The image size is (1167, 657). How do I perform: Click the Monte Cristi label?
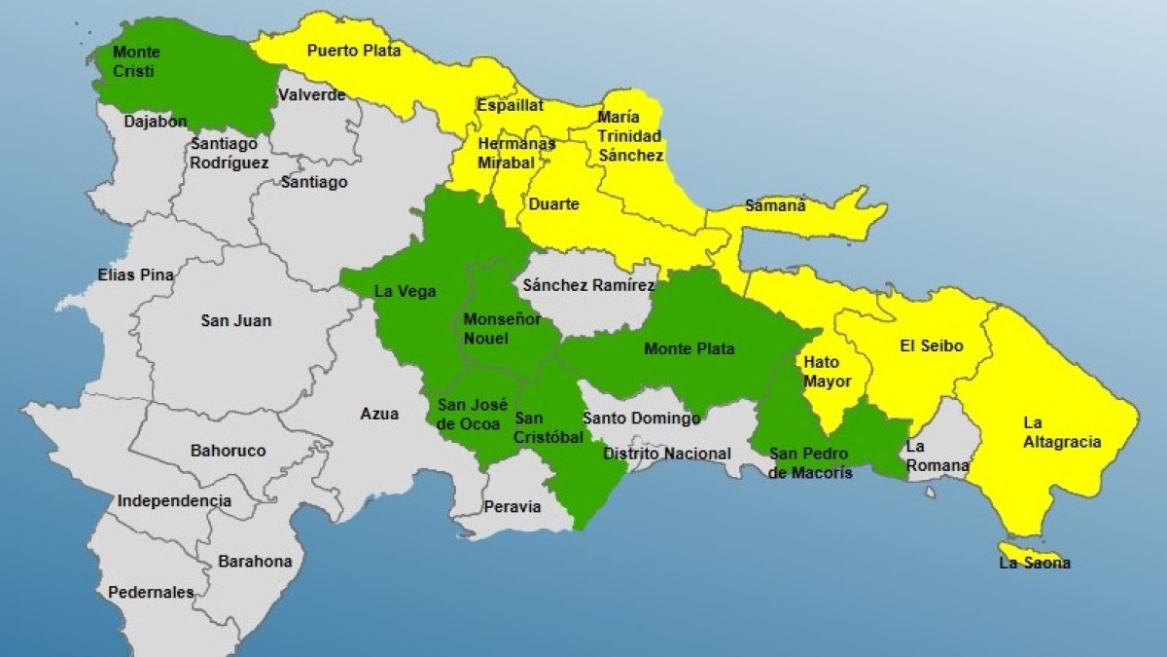coord(136,61)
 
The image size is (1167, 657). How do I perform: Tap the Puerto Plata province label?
coord(353,51)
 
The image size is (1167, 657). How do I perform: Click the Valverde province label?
coord(312,94)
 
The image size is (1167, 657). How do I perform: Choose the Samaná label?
coord(775,205)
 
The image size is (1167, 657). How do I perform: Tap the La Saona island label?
coord(1034,563)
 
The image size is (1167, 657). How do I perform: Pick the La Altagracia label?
coord(1062,432)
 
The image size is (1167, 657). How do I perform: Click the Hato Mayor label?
coord(827,372)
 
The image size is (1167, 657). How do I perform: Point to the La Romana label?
coord(937,456)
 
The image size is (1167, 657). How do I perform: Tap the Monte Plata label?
coord(689,348)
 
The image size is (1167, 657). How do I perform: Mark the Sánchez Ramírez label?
coord(588,285)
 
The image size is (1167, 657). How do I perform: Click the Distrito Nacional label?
coord(666,454)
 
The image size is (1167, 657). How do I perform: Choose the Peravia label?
coord(512,506)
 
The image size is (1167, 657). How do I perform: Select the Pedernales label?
coord(151,592)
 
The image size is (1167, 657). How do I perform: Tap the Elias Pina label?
coord(135,274)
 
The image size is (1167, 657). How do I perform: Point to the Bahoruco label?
coord(228,451)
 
